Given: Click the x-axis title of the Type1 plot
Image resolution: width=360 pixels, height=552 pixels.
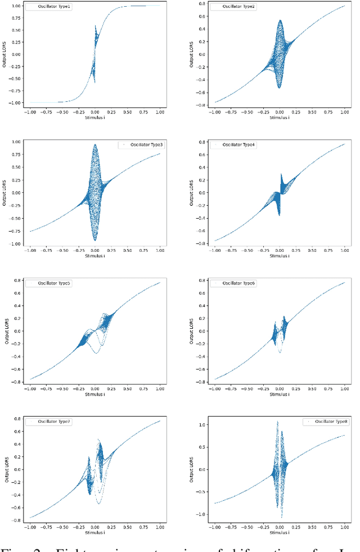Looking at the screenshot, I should pos(94,117).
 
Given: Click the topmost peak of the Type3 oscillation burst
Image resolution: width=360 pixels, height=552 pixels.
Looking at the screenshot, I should pos(94,144).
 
